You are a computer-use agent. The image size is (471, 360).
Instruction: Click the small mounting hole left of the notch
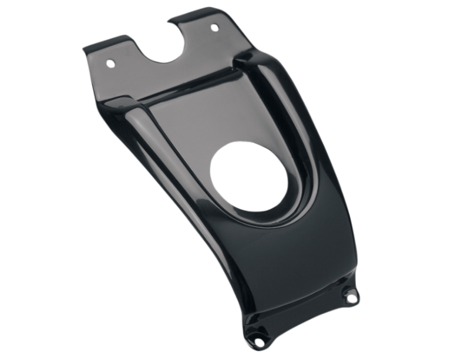(110, 61)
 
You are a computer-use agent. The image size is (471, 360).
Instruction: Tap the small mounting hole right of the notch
(214, 28)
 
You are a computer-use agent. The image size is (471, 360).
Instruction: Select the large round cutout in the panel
(249, 176)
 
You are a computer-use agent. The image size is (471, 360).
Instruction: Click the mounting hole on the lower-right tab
(351, 298)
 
